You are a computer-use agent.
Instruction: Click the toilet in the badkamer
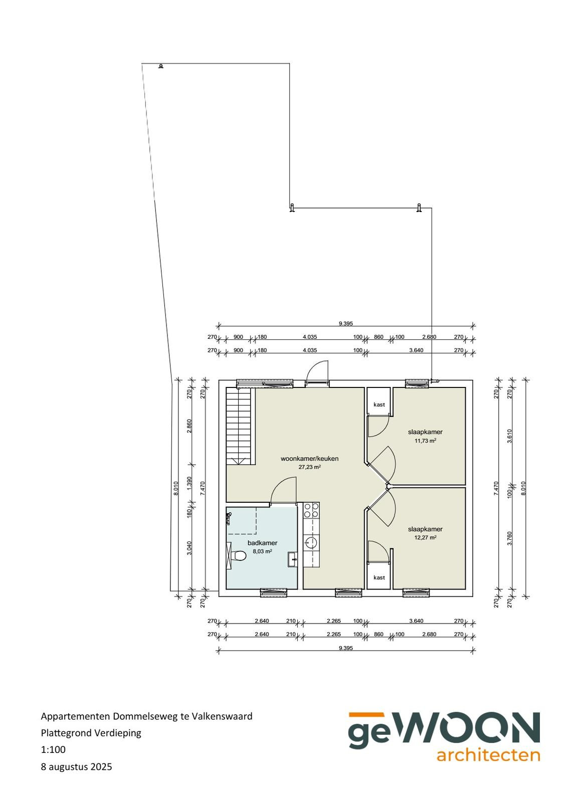[236, 555]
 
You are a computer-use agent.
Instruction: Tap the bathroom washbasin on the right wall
[292, 559]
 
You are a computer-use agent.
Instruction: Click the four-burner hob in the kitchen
[311, 510]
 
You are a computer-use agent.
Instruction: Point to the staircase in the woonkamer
[240, 426]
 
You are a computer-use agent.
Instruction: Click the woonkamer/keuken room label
[309, 459]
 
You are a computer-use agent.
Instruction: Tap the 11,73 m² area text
[425, 441]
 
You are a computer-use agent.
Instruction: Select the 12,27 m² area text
[425, 537]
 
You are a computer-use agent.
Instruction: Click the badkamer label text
[262, 543]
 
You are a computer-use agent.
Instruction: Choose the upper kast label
[379, 405]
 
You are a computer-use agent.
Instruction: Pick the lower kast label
[379, 577]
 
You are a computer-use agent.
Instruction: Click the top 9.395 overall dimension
[345, 324]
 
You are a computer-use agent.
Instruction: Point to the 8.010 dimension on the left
[175, 488]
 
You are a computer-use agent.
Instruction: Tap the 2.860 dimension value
[190, 426]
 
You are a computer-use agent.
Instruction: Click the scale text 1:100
[53, 749]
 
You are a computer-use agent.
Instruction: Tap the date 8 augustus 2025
[76, 766]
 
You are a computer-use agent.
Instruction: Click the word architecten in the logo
[488, 755]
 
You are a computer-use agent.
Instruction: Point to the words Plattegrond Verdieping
[91, 732]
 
